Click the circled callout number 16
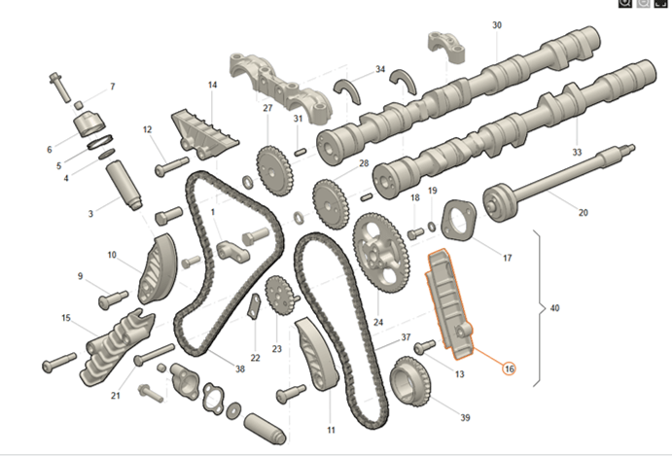pos(510,368)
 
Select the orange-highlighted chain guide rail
pos(448,297)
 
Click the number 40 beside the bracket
pos(554,308)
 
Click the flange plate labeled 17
pos(458,221)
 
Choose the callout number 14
pos(211,86)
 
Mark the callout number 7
pos(112,88)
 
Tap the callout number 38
pos(239,368)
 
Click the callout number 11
pos(331,429)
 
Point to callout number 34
pos(380,70)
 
